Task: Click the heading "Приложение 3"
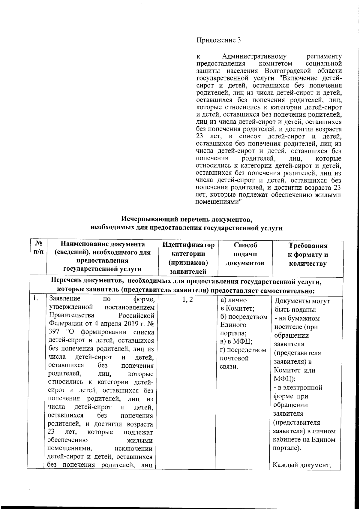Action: point(218,40)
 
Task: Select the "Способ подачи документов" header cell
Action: point(245,254)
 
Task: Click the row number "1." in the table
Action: point(36,298)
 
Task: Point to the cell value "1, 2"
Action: point(187,300)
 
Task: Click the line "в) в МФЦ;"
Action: point(236,342)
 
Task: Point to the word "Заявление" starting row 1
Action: point(65,299)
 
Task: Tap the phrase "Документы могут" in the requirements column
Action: point(302,301)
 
